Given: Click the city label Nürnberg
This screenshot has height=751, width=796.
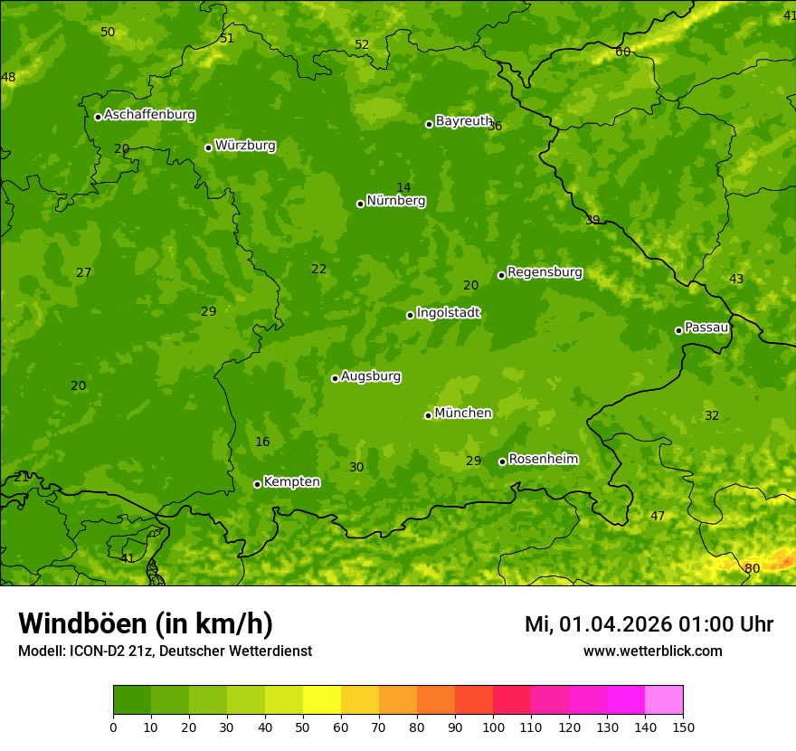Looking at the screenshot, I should click(395, 201).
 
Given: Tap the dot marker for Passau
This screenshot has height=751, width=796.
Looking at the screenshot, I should click(678, 330).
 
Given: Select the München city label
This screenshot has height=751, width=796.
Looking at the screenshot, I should click(463, 414).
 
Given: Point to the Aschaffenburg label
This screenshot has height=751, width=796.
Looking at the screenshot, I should click(149, 115).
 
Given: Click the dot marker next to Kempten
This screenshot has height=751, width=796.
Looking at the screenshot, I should click(257, 484).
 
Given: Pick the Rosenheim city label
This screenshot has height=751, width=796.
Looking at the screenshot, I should click(543, 460).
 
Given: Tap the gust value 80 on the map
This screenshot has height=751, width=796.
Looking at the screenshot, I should click(752, 568).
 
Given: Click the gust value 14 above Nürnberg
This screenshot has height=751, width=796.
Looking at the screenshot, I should click(403, 187).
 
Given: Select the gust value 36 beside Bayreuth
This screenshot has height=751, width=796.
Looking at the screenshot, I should click(495, 126).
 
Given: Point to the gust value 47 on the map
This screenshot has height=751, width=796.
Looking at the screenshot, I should click(658, 516).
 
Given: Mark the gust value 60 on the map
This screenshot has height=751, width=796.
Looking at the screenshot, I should click(622, 52).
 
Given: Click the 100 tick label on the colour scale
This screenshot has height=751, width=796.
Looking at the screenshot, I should click(493, 727).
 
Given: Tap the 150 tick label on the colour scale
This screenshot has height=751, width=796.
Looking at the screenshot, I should click(683, 727).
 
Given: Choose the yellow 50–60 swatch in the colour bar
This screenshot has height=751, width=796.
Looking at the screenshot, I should click(322, 700).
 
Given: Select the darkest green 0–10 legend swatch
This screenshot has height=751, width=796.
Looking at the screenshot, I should click(132, 700).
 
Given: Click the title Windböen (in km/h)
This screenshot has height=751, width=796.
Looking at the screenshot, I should click(146, 623).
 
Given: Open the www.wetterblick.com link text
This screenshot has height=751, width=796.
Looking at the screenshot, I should click(652, 651).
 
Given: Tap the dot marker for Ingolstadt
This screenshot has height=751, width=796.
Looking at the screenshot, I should click(410, 315).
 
